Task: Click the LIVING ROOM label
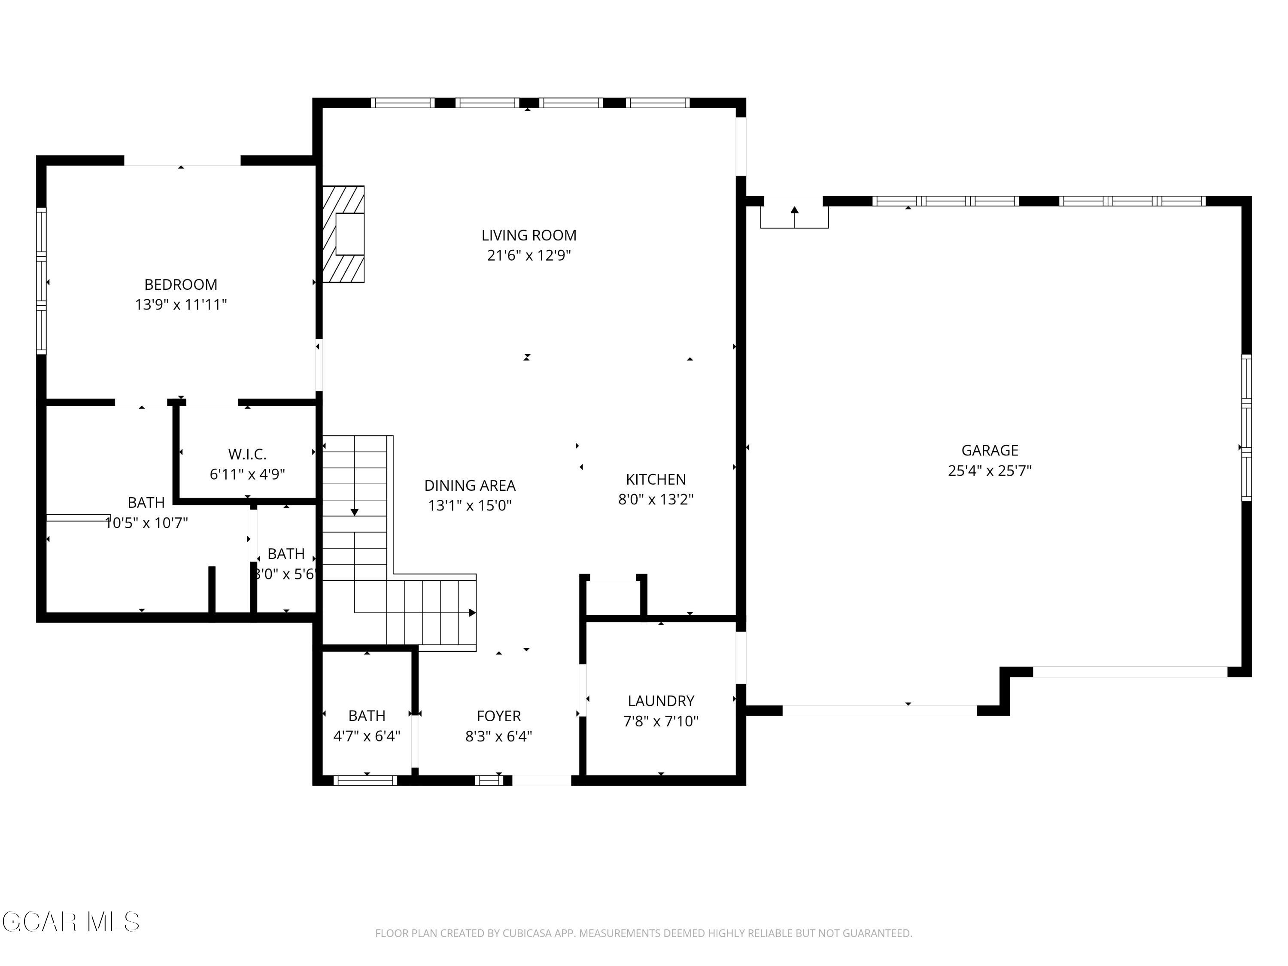pyautogui.click(x=528, y=235)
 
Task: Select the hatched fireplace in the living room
pyautogui.click(x=343, y=234)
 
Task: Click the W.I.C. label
pyautogui.click(x=247, y=454)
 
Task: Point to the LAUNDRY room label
pyautogui.click(x=660, y=701)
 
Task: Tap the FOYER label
pyautogui.click(x=498, y=716)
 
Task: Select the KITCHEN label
pyautogui.click(x=656, y=479)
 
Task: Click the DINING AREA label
pyautogui.click(x=469, y=485)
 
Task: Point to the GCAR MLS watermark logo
pyautogui.click(x=71, y=922)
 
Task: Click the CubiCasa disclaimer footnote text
pyautogui.click(x=644, y=933)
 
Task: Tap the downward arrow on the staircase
pyautogui.click(x=354, y=512)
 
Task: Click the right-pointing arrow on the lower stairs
pyautogui.click(x=472, y=613)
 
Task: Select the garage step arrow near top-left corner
pyautogui.click(x=794, y=210)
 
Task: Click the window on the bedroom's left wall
pyautogui.click(x=41, y=281)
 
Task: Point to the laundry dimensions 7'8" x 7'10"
pyautogui.click(x=660, y=721)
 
